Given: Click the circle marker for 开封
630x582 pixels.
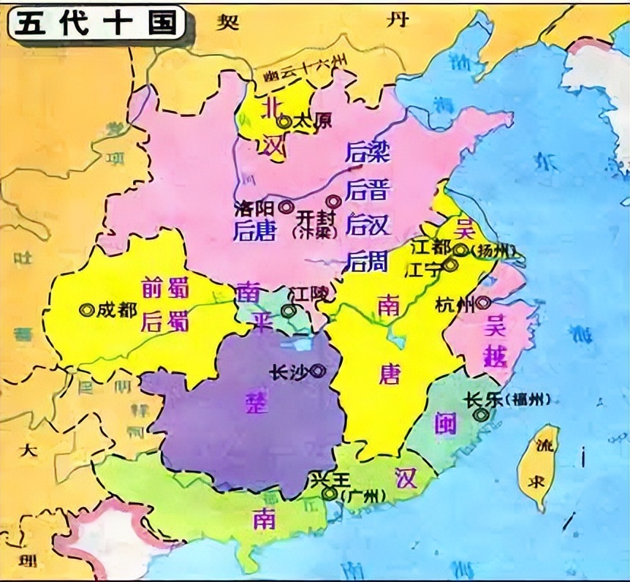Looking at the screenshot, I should pos(333,201).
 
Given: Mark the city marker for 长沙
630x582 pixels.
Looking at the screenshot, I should pos(317,371).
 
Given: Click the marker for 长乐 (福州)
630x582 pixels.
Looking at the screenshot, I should pos(480,415).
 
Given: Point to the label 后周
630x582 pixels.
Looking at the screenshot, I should pos(368,261).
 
